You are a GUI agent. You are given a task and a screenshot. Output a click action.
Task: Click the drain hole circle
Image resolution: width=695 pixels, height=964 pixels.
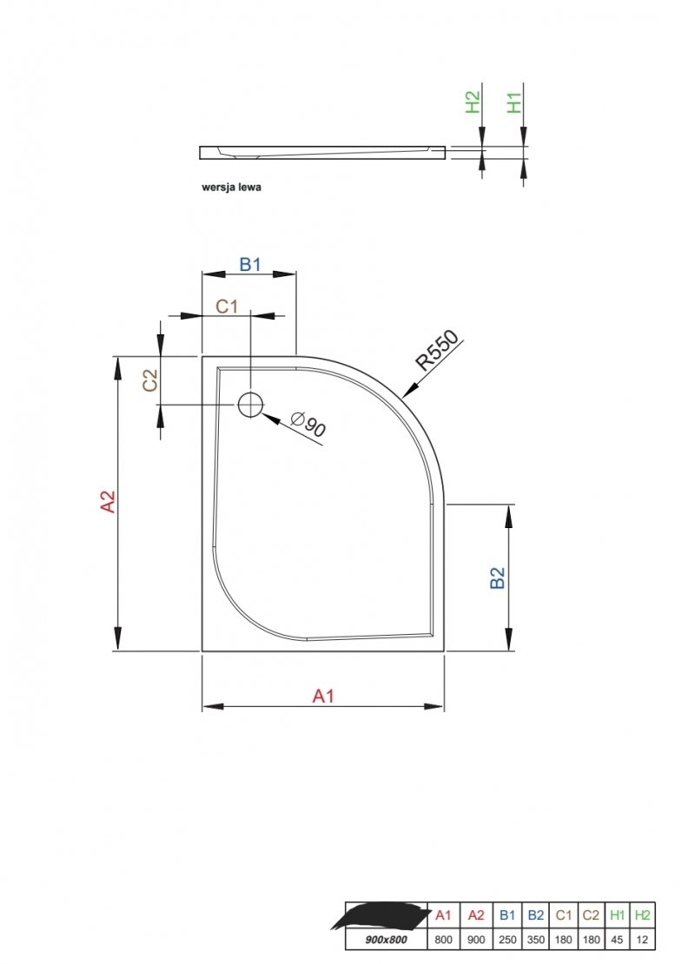[249, 404]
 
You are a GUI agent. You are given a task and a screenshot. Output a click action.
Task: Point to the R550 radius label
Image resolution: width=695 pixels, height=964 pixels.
[438, 350]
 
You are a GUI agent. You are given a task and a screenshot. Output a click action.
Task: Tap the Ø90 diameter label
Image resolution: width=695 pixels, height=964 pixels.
[308, 424]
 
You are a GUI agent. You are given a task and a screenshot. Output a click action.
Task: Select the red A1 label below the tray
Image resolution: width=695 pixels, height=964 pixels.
[323, 696]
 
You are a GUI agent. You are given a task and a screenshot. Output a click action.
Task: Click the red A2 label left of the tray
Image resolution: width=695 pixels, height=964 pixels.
[108, 501]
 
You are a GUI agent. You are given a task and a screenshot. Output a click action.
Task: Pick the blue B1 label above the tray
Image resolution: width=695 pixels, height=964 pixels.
[250, 264]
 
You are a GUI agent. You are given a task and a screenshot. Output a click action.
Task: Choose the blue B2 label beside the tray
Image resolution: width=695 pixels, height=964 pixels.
[497, 578]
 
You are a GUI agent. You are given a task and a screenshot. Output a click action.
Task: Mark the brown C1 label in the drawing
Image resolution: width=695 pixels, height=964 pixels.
[227, 306]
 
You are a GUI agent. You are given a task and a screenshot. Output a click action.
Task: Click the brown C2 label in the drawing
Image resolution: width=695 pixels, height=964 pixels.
[150, 380]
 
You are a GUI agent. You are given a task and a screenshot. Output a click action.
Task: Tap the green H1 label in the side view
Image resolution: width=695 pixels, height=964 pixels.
[513, 102]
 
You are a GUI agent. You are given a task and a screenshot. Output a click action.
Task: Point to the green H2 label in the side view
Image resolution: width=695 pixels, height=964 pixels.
[473, 102]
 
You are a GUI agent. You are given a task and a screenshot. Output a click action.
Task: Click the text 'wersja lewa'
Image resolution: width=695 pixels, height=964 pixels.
[231, 187]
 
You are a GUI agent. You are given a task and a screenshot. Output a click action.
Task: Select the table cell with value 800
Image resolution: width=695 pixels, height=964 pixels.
[443, 940]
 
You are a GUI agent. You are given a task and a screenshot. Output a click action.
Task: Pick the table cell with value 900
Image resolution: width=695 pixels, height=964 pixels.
[476, 940]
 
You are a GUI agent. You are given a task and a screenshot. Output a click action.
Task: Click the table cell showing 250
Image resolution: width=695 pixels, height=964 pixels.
[507, 940]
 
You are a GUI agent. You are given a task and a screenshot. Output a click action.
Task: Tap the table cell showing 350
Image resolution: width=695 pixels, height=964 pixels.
[536, 940]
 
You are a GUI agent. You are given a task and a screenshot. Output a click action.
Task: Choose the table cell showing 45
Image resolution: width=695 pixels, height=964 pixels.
[618, 940]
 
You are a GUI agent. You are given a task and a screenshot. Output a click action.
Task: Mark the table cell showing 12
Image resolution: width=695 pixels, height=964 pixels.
[642, 940]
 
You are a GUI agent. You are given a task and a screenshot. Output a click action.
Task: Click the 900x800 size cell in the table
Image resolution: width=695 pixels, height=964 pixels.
[387, 940]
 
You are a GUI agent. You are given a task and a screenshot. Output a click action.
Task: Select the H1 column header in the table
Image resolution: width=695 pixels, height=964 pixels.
[618, 914]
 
